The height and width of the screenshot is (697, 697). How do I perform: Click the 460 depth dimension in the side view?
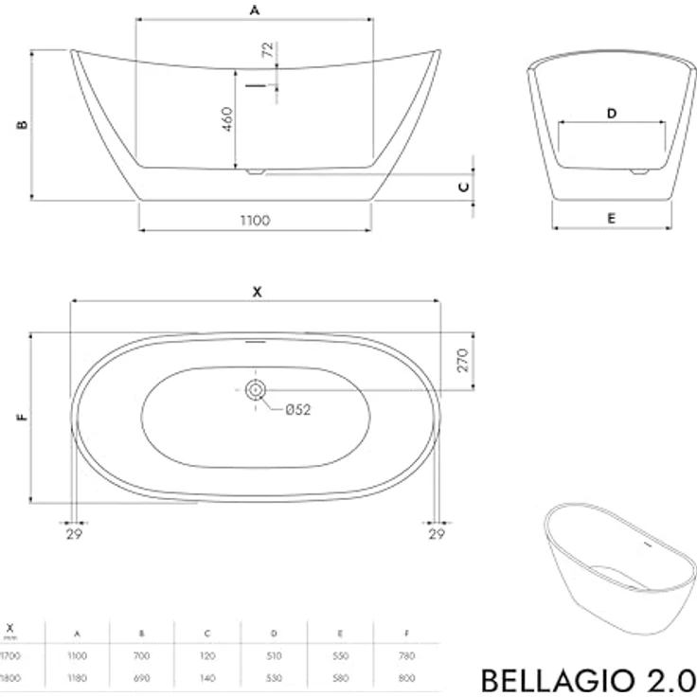click(x=228, y=118)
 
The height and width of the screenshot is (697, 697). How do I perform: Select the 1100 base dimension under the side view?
click(x=255, y=220)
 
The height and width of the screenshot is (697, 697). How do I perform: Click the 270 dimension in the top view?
click(x=463, y=361)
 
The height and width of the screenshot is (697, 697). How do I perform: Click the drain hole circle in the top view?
click(x=256, y=389)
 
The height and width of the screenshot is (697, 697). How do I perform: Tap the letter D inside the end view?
click(x=612, y=114)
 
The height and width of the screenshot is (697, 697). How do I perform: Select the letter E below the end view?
click(x=612, y=218)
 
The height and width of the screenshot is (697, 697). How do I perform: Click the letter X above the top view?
click(x=256, y=292)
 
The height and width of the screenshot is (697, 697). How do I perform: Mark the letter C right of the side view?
click(x=463, y=187)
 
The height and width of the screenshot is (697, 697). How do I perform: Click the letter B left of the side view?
click(x=23, y=124)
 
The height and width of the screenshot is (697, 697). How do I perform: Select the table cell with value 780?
click(x=406, y=654)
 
